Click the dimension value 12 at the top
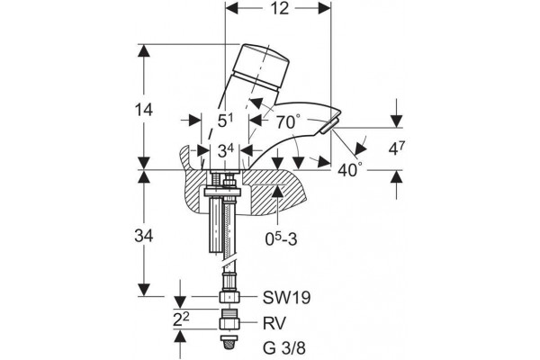[x=280, y=8]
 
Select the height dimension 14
[x=144, y=110]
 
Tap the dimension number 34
[x=144, y=237]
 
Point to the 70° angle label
[x=288, y=122]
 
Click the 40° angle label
[x=350, y=170]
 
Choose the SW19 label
[x=286, y=298]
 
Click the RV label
[x=274, y=323]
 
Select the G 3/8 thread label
[x=284, y=348]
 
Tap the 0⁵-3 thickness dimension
[x=281, y=238]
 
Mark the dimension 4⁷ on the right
[x=397, y=148]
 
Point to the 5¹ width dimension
[x=226, y=121]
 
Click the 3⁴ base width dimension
[x=226, y=151]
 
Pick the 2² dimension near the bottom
[x=181, y=319]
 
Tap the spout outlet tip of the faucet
[x=329, y=125]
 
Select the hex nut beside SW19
[x=229, y=297]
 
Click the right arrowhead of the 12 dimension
[x=324, y=9]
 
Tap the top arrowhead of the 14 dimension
[x=144, y=50]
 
